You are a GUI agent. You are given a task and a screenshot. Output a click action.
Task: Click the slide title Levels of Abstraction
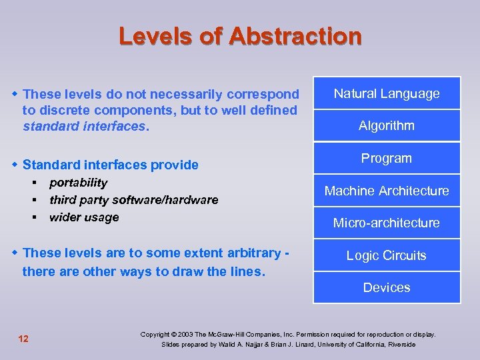pos(240,36)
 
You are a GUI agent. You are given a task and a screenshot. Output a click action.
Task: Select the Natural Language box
pos(387,94)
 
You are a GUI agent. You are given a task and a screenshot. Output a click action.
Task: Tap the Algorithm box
pos(387,126)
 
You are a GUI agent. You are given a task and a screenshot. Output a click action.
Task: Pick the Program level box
pos(387,159)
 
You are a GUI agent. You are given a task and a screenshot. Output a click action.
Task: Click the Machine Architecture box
pos(387,191)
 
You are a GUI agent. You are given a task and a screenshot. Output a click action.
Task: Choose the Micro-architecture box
pos(387,223)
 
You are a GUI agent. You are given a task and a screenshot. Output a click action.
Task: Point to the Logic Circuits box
pos(387,256)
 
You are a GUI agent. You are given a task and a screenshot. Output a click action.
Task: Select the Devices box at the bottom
pos(387,288)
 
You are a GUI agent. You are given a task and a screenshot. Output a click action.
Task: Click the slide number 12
pos(23,339)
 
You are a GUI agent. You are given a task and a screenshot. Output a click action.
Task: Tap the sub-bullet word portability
pos(78,183)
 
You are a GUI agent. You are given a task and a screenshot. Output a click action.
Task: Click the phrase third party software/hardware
pos(133,200)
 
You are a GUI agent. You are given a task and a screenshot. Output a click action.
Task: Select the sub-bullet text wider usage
pos(84,217)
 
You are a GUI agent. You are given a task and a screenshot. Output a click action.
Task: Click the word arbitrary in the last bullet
pos(250,253)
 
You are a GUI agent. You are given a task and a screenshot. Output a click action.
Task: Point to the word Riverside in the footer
pos(399,345)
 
